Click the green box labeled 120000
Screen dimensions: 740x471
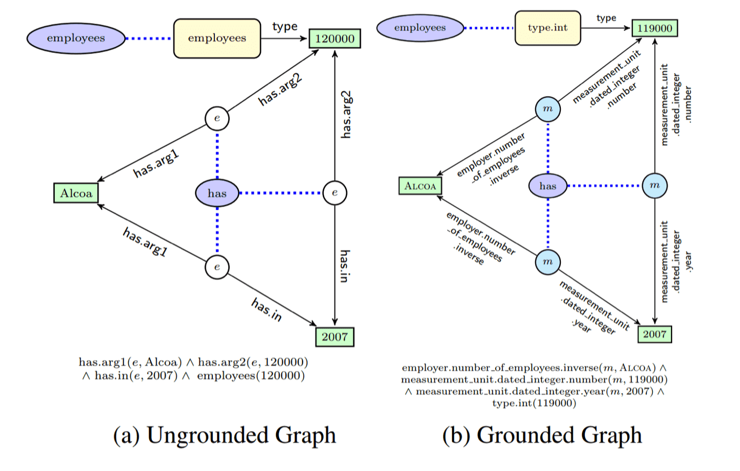(x=335, y=39)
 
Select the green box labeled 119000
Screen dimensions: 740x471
(x=655, y=28)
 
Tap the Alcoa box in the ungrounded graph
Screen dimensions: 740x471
(x=76, y=193)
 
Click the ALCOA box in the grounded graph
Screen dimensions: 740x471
(x=420, y=186)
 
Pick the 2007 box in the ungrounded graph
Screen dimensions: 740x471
(x=335, y=337)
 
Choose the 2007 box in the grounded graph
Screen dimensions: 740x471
(x=654, y=334)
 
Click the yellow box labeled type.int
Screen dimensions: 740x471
(x=548, y=28)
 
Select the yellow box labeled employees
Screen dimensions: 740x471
(x=217, y=38)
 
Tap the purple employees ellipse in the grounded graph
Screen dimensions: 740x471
(x=420, y=28)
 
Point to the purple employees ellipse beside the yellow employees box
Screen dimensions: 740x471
(x=76, y=38)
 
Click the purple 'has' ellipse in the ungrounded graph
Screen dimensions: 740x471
(x=217, y=193)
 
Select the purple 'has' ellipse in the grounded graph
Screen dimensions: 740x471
(x=548, y=186)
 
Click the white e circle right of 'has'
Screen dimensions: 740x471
(x=335, y=193)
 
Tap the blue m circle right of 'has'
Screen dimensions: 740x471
(x=655, y=186)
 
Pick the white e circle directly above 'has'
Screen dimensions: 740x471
(x=217, y=118)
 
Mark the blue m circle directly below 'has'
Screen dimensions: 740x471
(x=548, y=262)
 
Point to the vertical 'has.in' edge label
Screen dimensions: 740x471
(x=345, y=267)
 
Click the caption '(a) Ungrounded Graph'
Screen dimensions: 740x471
(x=224, y=436)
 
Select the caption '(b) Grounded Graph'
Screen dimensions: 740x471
(x=542, y=436)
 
